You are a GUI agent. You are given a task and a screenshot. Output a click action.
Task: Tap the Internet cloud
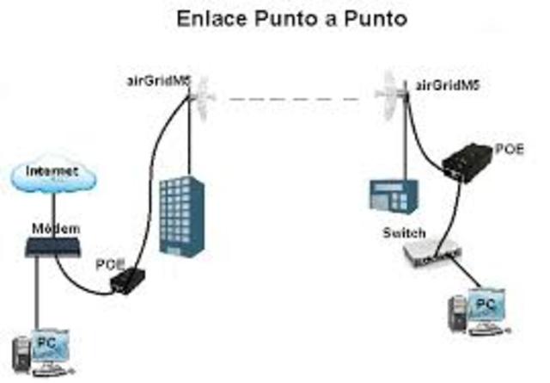52,176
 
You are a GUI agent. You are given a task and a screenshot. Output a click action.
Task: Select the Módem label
55,228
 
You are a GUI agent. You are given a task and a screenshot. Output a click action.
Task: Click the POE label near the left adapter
110,263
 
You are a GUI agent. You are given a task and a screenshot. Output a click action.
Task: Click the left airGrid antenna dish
204,100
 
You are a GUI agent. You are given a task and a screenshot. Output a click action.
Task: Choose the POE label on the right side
508,148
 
